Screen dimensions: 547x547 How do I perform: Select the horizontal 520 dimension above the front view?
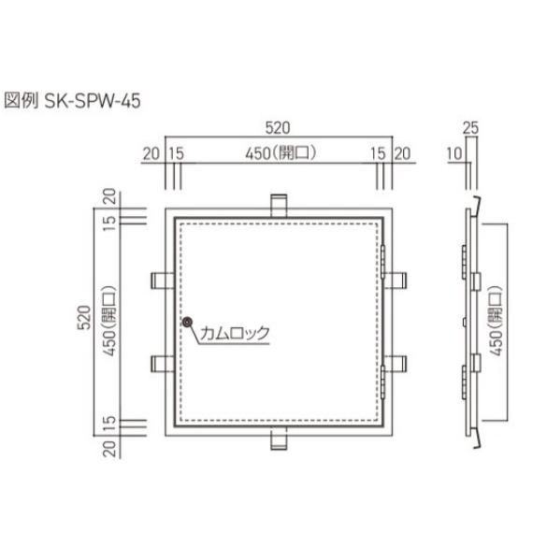[278, 128]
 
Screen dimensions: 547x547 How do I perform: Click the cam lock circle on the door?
[187, 324]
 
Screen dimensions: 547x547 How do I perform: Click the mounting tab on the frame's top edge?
[278, 205]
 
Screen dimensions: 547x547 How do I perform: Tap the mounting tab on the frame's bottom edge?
[278, 439]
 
